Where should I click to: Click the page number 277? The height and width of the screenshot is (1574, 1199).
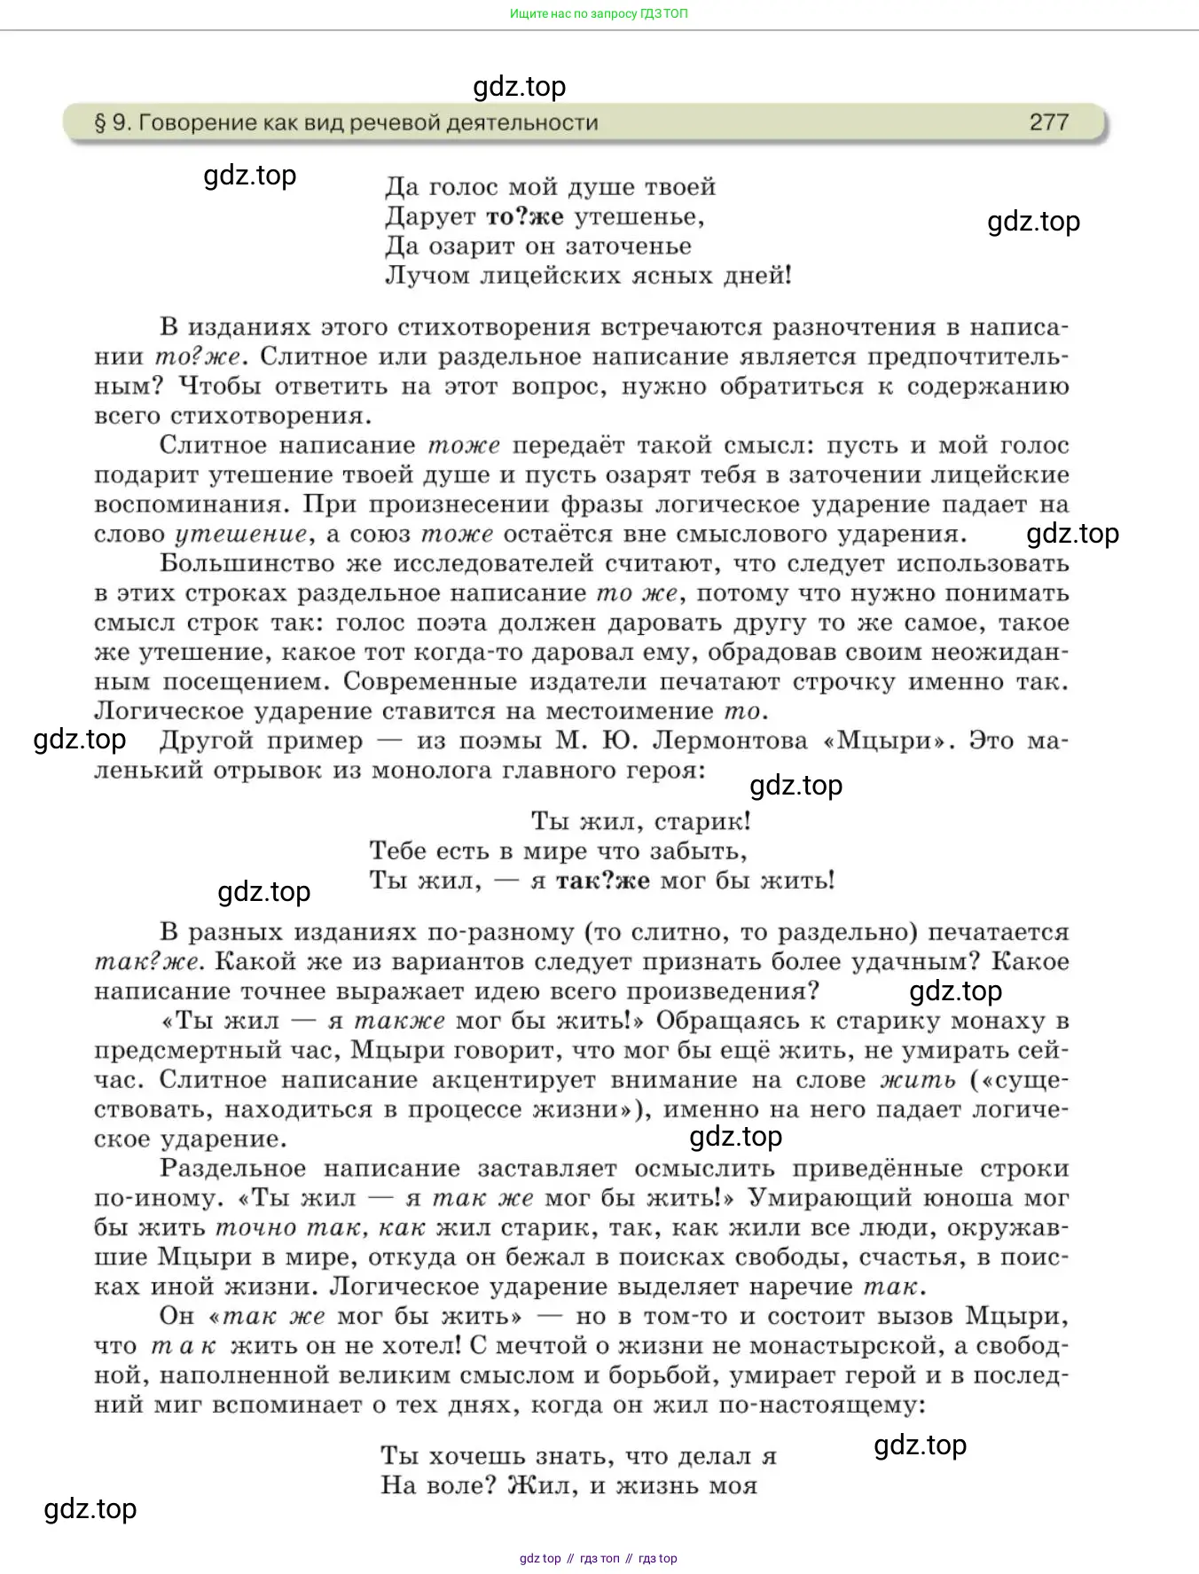click(x=1048, y=122)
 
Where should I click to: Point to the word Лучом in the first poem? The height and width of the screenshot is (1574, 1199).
click(x=427, y=276)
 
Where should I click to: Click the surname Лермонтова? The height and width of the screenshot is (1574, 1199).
click(x=729, y=740)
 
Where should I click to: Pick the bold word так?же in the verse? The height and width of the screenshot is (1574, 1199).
click(x=602, y=881)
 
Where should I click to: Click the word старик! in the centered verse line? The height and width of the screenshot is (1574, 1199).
click(x=702, y=821)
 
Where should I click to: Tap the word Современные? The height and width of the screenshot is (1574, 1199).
click(x=431, y=682)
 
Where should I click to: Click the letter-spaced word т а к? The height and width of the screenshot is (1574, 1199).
click(x=184, y=1346)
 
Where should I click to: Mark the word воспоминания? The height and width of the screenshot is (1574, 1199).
click(x=192, y=505)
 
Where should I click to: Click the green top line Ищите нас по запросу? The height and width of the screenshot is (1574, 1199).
click(x=599, y=13)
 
